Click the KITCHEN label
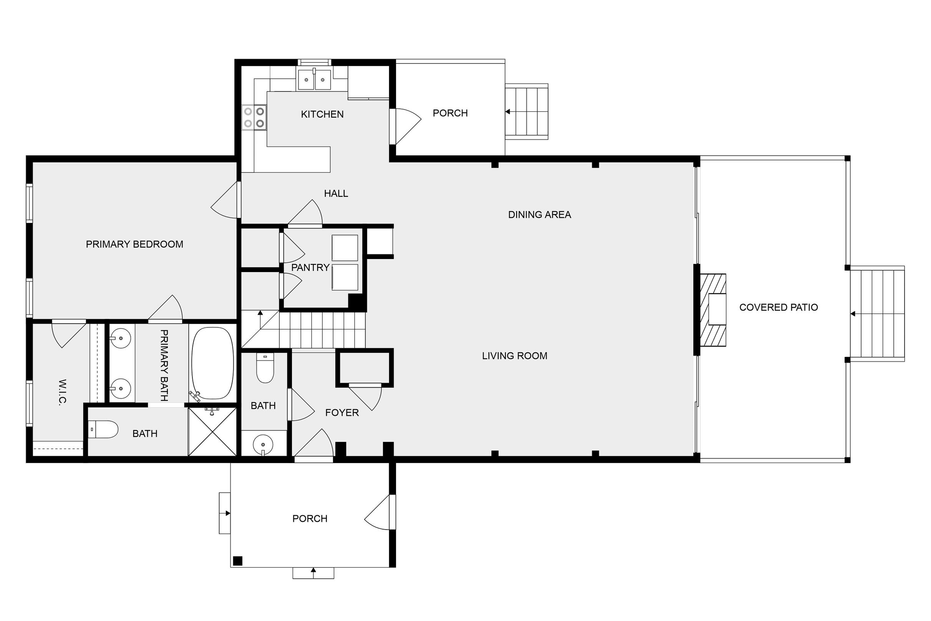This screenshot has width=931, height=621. (x=322, y=115)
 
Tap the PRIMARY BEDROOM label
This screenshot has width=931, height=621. (x=134, y=244)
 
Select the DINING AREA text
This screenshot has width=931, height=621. (x=540, y=215)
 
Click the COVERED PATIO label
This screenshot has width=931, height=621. (x=779, y=307)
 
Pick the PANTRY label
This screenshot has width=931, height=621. (x=310, y=268)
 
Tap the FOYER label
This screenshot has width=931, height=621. (x=342, y=413)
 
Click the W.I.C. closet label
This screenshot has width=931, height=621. (x=62, y=392)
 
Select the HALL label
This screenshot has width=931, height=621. (x=336, y=194)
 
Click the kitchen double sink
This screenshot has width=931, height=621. (x=314, y=79)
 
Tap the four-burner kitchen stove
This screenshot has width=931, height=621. (x=254, y=118)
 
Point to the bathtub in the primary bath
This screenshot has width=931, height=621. (x=212, y=363)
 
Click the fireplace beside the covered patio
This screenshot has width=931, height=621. (x=713, y=310)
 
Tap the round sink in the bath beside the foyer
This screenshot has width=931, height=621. (x=263, y=444)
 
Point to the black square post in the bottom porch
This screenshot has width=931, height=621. (x=237, y=561)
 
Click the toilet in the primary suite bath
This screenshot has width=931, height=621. (x=103, y=429)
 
